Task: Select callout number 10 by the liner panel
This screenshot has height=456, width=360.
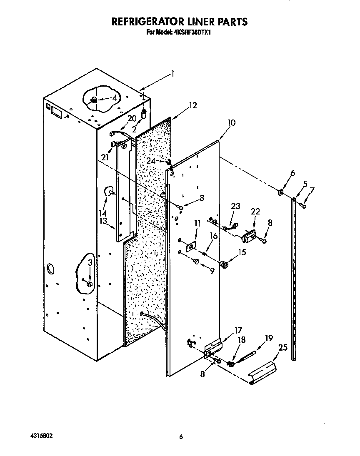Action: tap(231, 122)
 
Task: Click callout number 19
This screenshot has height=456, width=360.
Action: tap(269, 339)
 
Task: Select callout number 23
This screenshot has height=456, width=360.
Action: tap(236, 206)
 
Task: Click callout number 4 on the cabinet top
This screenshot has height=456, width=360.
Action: tap(115, 98)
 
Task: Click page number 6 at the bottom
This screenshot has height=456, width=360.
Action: tap(180, 437)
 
